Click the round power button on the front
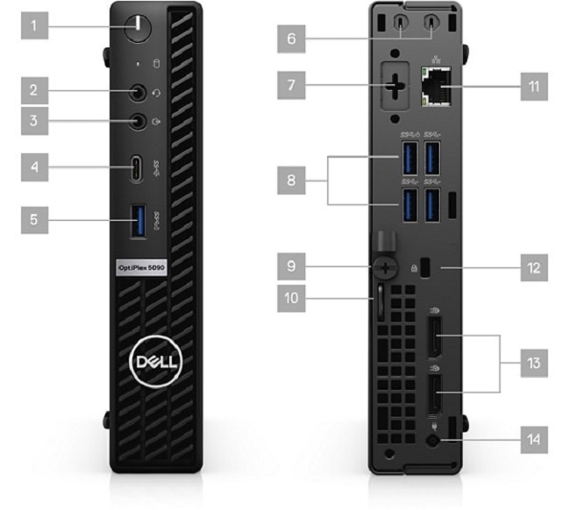[x=138, y=28]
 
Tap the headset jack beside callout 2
[x=138, y=93]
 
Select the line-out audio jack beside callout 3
[x=138, y=121]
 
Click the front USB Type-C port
[x=137, y=168]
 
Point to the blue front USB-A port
[x=139, y=221]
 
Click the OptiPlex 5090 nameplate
[x=141, y=268]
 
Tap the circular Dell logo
[x=155, y=361]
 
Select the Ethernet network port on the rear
[x=436, y=87]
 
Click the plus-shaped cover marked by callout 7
[x=395, y=87]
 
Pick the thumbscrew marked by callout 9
[x=385, y=268]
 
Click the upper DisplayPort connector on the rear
[x=435, y=337]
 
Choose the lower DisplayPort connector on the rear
[x=435, y=395]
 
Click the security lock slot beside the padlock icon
[x=424, y=268]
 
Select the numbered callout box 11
[x=534, y=87]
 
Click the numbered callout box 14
[x=534, y=440]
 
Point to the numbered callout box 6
[x=291, y=39]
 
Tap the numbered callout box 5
[x=34, y=220]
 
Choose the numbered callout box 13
[x=534, y=364]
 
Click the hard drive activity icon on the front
[x=157, y=64]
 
